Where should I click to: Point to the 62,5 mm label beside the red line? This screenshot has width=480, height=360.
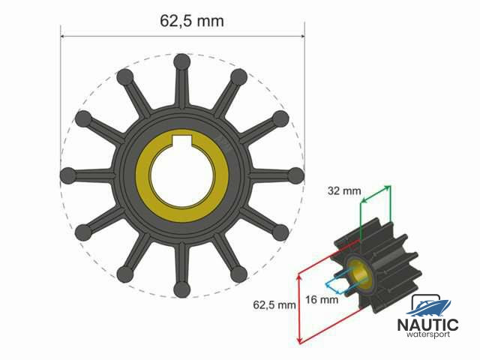coord(274,304)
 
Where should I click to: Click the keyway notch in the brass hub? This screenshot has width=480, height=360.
coord(182,139)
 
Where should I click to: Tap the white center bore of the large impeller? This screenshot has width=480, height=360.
coord(182,175)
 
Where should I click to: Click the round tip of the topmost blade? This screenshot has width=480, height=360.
coord(182,61)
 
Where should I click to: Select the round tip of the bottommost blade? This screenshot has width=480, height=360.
coord(182,289)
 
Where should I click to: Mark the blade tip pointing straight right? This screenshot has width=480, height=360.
coord(295,175)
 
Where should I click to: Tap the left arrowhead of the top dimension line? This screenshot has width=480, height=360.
coord(63,35)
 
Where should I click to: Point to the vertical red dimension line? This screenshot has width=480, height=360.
coord(300,307)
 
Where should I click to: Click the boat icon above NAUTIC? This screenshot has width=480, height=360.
coord(429,306)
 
